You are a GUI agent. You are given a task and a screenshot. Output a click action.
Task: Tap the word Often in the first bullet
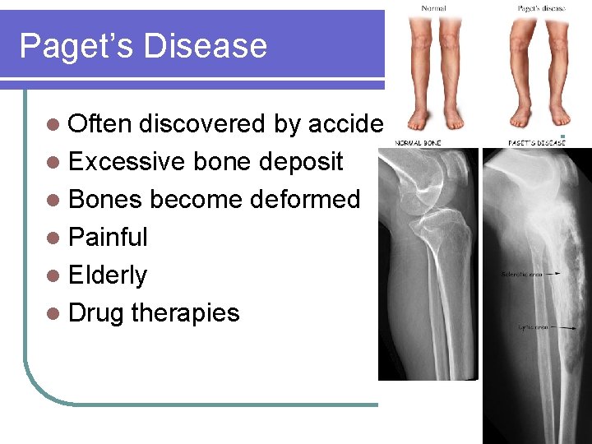coord(100,123)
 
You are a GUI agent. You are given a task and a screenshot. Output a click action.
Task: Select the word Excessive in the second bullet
coord(127,161)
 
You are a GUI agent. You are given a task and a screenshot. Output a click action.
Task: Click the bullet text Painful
coord(108,237)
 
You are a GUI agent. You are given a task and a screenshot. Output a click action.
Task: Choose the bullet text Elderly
coord(108,275)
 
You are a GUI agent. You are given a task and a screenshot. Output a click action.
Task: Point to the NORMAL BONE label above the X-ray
coord(419,142)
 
